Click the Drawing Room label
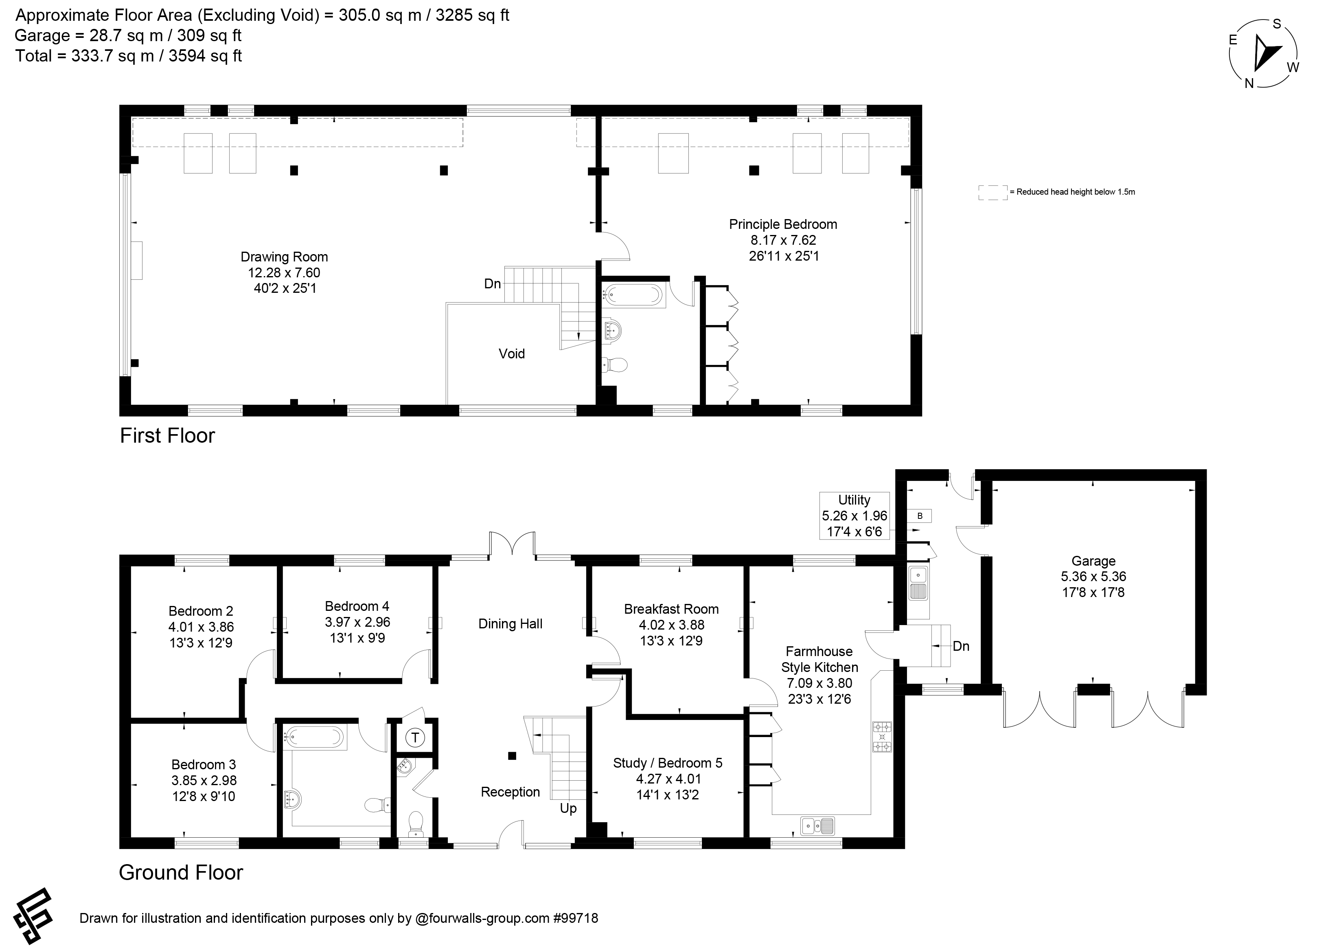pos(285,257)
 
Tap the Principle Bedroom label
pos(783,224)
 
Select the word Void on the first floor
pos(512,354)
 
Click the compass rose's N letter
pos(1249,83)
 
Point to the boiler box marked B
pos(920,516)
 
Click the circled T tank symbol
pos(415,738)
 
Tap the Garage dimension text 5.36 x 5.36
pos(1093,577)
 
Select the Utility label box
pos(855,516)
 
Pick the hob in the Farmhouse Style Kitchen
pos(882,737)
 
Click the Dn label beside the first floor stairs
pos(493,284)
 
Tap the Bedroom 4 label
pos(357,606)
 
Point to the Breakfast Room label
pos(671,609)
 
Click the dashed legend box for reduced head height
pos(993,193)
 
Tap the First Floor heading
pos(167,436)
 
